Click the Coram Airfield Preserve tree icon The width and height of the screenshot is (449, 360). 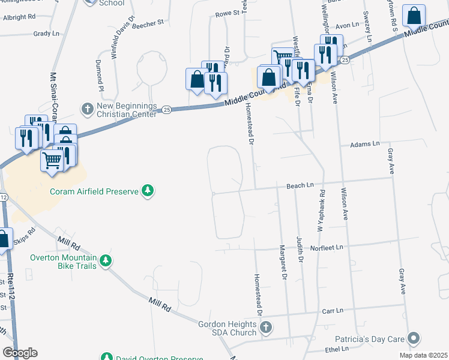tap(147, 191)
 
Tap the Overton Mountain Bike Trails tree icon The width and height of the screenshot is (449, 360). tap(106, 260)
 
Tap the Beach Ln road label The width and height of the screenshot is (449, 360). tap(301, 186)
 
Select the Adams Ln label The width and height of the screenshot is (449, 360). tap(365, 144)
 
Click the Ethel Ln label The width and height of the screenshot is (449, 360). tap(337, 349)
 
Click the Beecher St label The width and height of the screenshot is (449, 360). tap(149, 23)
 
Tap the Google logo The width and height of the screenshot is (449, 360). tap(20, 353)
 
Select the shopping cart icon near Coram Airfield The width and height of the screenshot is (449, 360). tap(53, 160)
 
